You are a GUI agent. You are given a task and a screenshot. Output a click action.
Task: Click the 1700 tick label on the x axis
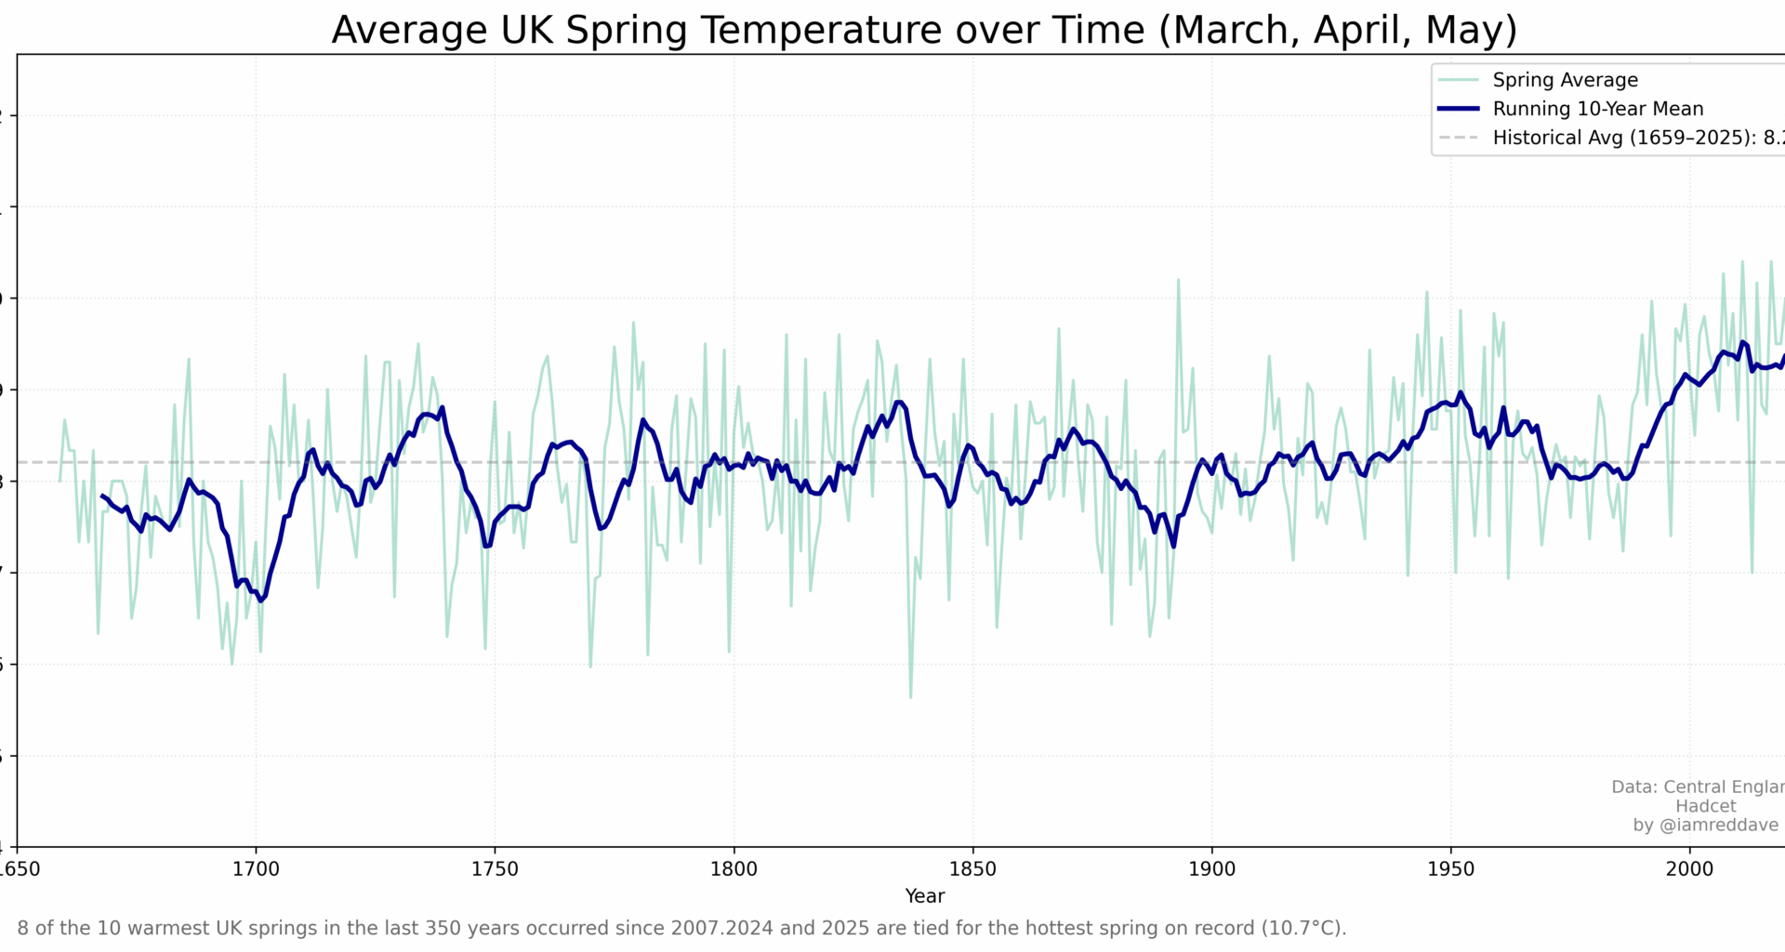coord(256,869)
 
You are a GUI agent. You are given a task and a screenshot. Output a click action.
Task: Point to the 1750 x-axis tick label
coord(495,869)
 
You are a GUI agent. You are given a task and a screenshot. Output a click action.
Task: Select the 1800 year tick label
coord(734,869)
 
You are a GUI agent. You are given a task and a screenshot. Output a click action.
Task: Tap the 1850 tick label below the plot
coord(972,869)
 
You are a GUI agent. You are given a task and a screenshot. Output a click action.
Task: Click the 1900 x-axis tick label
coord(1211,869)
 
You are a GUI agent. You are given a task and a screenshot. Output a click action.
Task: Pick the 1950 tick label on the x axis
coord(1450,869)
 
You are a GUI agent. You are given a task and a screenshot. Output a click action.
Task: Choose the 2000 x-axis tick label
coord(1689,869)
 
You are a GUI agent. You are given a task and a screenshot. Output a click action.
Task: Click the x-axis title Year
coord(924,896)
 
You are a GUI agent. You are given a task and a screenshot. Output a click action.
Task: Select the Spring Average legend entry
coord(1565,80)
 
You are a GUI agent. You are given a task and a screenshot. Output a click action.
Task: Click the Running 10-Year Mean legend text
coord(1597,109)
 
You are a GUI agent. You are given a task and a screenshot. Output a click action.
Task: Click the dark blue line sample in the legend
coord(1458,109)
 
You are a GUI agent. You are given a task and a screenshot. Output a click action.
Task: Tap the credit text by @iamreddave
coord(1705,826)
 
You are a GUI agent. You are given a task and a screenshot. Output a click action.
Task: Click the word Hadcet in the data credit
coord(1705,806)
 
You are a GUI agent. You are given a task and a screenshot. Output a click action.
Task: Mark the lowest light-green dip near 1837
coord(910,696)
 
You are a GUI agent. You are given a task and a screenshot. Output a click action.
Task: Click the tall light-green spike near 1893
coord(1178,281)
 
